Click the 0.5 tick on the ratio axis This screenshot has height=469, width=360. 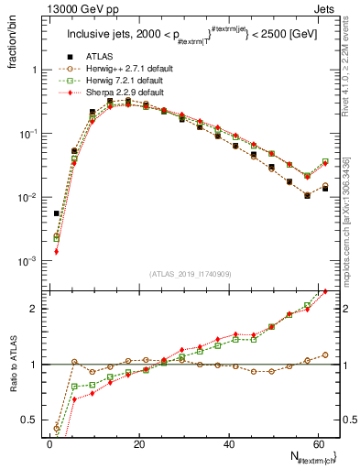[x=29, y=420]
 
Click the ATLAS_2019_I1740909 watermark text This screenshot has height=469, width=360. [x=189, y=273]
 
